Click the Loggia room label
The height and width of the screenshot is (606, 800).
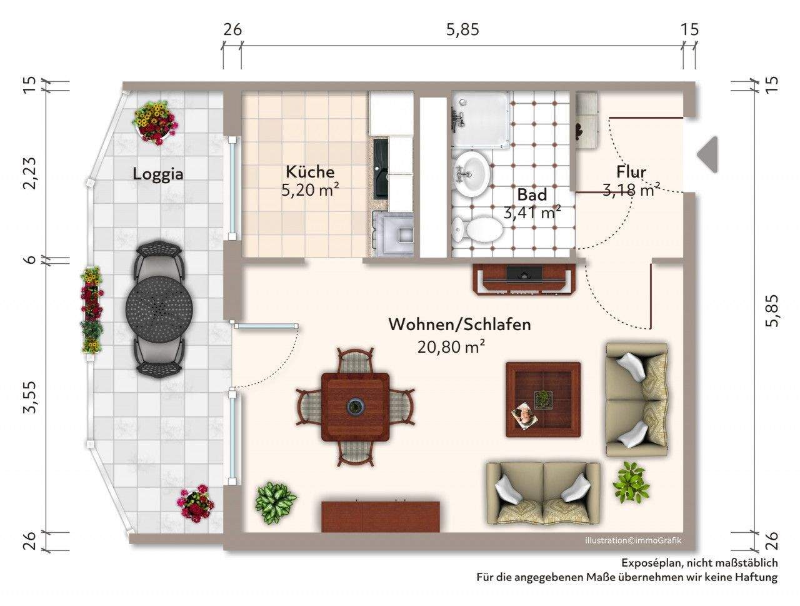coord(158,174)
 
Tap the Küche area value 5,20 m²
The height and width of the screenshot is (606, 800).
coord(310,190)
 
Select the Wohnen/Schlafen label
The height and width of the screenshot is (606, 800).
coord(459,325)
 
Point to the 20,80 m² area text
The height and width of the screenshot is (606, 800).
coord(451,346)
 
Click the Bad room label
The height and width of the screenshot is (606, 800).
coord(532,195)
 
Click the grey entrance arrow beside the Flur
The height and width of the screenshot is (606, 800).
coord(707,154)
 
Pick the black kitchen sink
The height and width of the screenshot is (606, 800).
coord(381,168)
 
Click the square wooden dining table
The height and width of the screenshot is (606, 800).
coord(355,406)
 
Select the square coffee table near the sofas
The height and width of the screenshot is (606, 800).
coord(543,400)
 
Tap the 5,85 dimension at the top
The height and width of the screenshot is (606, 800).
coord(463,29)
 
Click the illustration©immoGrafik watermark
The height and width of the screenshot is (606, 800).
coord(633,541)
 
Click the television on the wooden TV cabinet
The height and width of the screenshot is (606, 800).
coord(524,273)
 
